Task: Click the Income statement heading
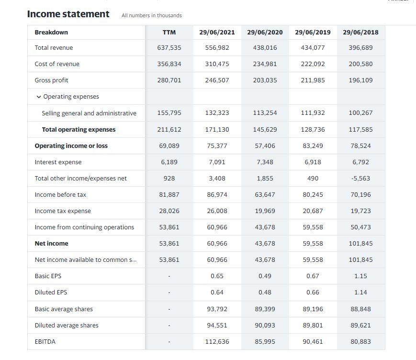[68, 14]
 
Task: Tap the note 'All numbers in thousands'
[152, 15]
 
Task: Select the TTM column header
[169, 32]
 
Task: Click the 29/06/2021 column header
[217, 32]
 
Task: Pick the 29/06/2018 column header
[360, 32]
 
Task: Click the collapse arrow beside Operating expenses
[38, 97]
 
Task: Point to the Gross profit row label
[51, 80]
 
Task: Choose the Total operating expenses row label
[79, 129]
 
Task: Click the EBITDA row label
[45, 341]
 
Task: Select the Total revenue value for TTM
[169, 47]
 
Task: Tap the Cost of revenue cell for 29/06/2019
[313, 64]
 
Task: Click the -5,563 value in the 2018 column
[360, 178]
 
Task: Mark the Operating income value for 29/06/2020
[265, 146]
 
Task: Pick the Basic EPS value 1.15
[360, 276]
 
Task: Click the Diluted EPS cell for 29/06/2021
[217, 292]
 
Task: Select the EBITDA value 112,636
[217, 341]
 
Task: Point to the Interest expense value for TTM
[169, 162]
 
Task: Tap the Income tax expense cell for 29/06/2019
[313, 211]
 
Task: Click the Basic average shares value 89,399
[265, 309]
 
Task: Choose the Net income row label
[51, 243]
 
